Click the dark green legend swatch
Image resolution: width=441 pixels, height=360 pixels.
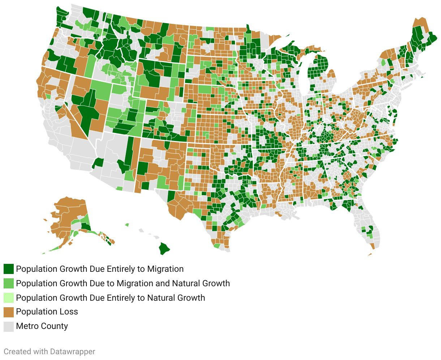(9, 269)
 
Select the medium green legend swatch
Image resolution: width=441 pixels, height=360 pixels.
(9, 283)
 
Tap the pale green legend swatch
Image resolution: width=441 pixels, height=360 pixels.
(9, 298)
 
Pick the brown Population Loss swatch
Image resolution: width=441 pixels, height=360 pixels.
(9, 312)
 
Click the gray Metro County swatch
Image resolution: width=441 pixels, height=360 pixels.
(9, 326)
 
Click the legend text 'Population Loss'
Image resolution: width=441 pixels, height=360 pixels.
(47, 312)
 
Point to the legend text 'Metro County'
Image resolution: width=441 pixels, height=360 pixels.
(42, 326)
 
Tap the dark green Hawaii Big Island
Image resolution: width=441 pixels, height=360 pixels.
(164, 248)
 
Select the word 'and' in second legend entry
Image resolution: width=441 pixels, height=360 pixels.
(162, 283)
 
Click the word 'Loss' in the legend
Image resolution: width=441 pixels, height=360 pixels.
(70, 312)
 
